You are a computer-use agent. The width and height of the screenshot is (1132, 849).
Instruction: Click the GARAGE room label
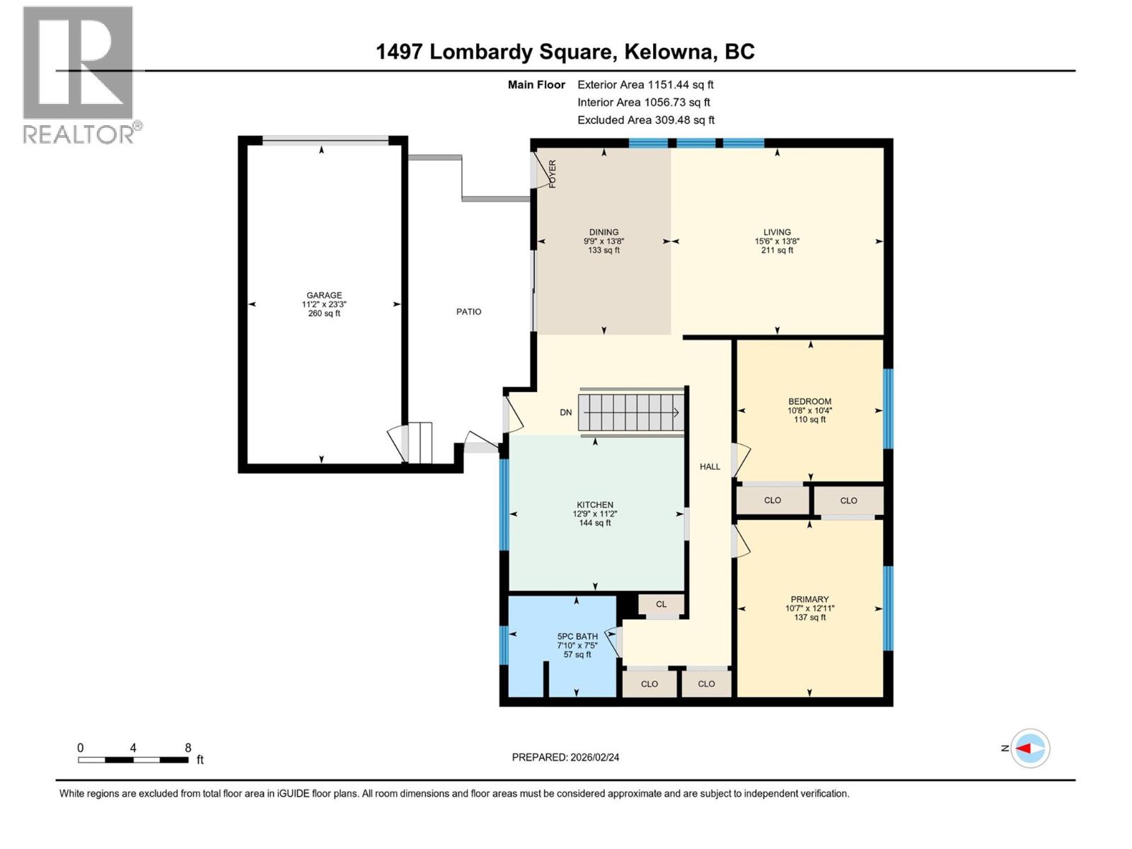324,295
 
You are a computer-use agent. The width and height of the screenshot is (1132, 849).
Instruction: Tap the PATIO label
468,311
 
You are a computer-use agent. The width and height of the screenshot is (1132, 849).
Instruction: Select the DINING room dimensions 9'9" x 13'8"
603,241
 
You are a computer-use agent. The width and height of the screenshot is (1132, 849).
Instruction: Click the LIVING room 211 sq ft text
777,250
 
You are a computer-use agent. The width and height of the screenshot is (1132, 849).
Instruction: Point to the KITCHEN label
594,504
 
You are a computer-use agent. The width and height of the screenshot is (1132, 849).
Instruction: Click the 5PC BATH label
577,636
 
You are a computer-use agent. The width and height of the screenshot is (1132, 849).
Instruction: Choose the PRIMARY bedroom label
809,599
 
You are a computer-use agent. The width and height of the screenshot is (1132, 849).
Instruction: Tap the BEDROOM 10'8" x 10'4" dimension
809,410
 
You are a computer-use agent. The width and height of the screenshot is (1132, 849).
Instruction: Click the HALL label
710,466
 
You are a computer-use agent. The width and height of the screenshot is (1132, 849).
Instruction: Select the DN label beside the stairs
565,412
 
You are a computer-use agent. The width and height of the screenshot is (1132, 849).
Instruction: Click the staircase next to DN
630,412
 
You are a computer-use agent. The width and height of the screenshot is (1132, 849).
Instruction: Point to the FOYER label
553,173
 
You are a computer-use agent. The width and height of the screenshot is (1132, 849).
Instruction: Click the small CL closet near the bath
661,604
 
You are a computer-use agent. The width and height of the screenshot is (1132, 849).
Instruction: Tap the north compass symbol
1029,748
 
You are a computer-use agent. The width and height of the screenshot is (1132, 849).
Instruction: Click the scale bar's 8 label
187,748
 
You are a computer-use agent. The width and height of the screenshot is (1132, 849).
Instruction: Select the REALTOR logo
79,74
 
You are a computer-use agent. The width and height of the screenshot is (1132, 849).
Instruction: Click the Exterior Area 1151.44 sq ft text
645,84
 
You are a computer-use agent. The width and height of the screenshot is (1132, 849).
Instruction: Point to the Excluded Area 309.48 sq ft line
645,120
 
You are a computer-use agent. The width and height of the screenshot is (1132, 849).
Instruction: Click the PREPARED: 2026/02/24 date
565,757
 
